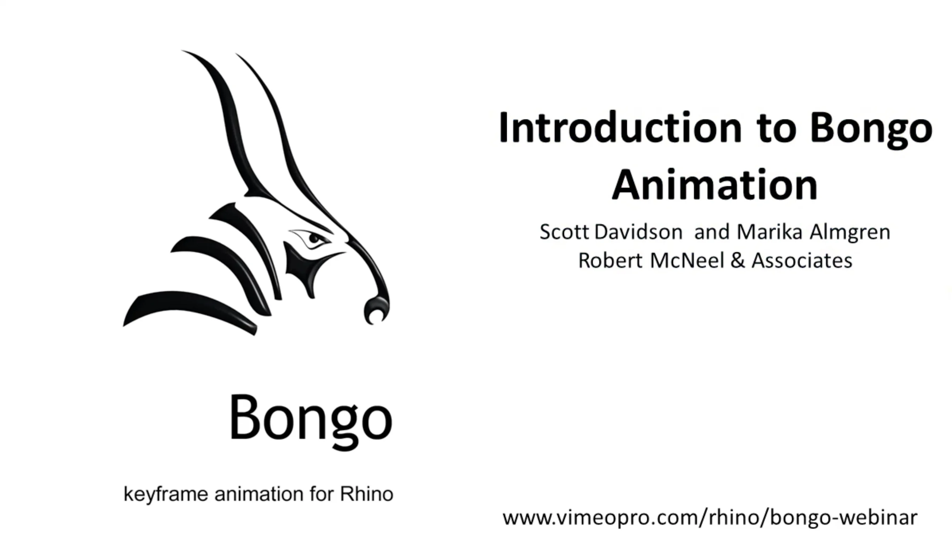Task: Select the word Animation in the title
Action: [715, 186]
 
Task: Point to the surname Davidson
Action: [639, 232]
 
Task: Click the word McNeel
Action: [687, 261]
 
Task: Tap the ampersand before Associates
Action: [738, 261]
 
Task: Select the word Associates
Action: [802, 261]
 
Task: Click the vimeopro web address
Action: [709, 518]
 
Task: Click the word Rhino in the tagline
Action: [366, 494]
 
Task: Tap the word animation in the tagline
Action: [259, 494]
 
